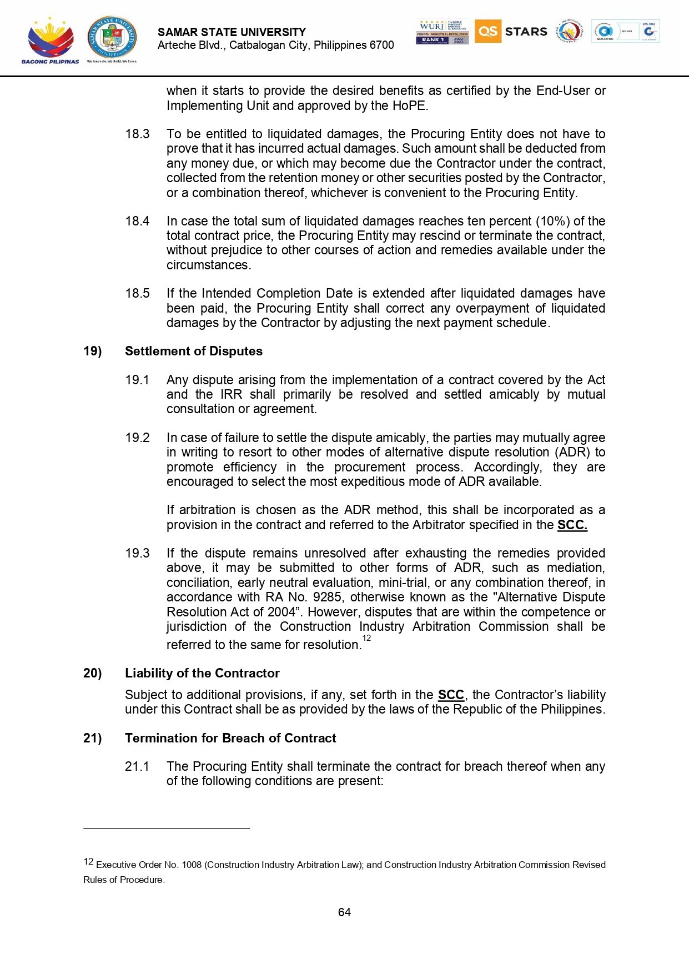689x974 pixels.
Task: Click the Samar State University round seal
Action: coord(112,38)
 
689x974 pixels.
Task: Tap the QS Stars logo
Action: coord(511,32)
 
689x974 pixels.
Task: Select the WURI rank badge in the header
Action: coord(442,32)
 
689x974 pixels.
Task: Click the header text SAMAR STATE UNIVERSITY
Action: coord(232,32)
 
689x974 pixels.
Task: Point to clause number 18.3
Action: coord(137,134)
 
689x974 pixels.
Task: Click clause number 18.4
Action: coord(137,221)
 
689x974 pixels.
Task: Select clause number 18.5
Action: coord(137,293)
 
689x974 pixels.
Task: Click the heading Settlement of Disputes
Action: coord(193,351)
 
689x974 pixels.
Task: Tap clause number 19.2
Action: coord(137,438)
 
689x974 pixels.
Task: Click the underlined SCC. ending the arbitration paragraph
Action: coord(572,525)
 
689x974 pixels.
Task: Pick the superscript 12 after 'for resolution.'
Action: coord(366,638)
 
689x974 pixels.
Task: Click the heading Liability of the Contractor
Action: coord(202,673)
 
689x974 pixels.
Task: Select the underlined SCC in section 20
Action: coord(450,695)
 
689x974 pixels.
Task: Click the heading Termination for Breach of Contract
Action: coord(230,738)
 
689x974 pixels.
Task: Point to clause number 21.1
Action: coord(137,766)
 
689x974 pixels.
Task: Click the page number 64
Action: coord(344,912)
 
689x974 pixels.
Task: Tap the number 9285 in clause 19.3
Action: coord(327,597)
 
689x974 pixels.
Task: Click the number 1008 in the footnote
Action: coord(192,865)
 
